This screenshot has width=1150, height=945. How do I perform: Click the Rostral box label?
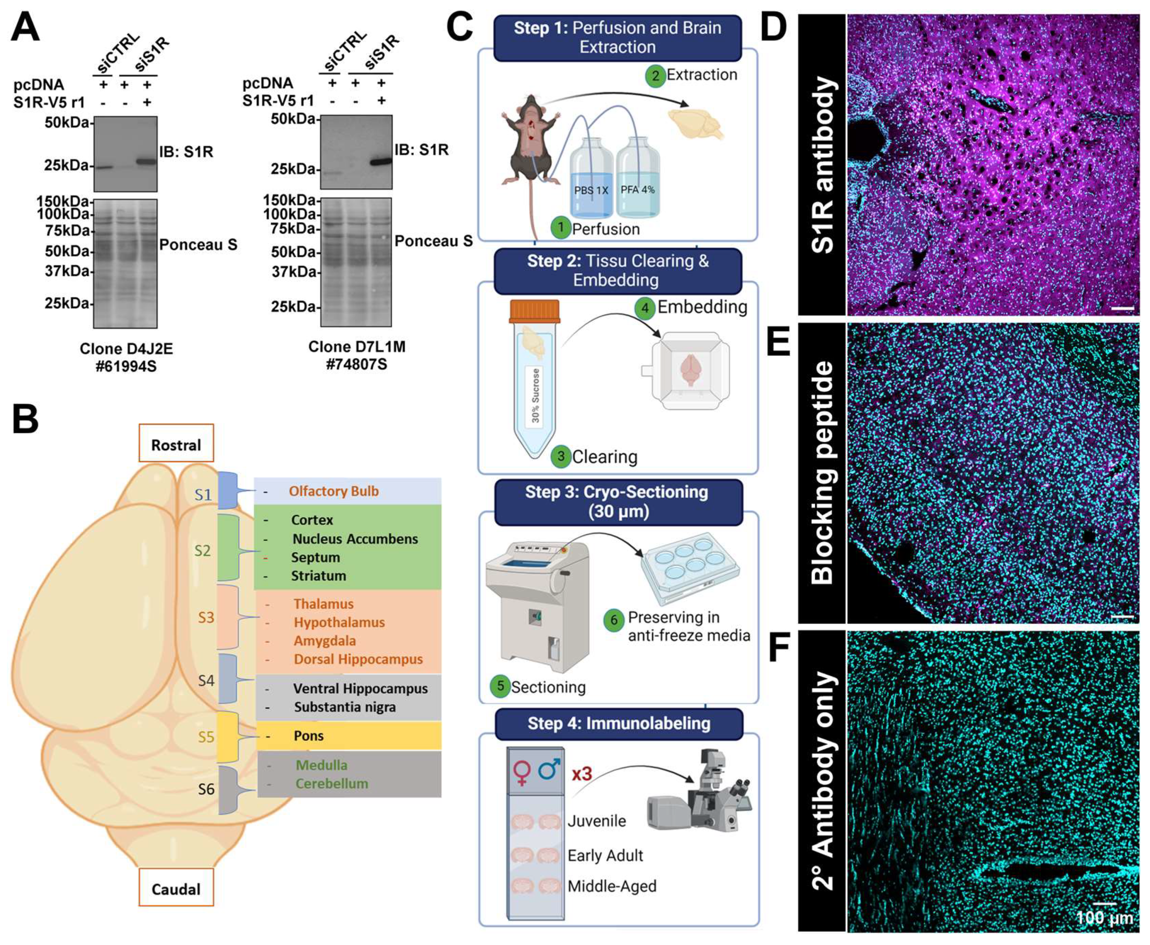[176, 444]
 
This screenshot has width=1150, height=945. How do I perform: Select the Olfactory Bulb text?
[333, 491]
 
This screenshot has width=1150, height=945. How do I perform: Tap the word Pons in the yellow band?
[309, 735]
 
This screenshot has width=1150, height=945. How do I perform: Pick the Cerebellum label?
[331, 783]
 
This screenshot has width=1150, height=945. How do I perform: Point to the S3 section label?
[206, 617]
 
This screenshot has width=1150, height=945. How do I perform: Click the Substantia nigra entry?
[345, 707]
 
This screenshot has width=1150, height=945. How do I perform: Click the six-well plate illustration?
[690, 568]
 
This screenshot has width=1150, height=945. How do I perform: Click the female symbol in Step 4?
[521, 772]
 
